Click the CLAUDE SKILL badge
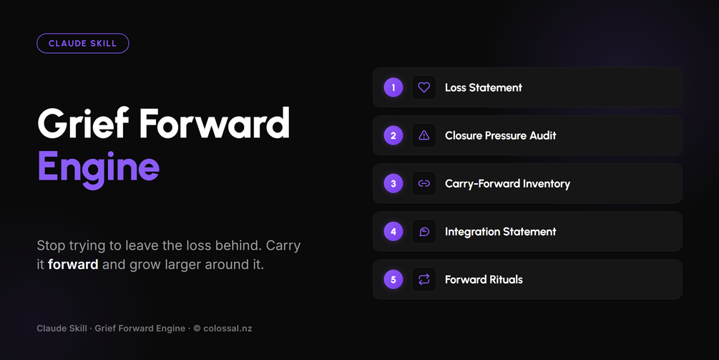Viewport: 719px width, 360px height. (82, 44)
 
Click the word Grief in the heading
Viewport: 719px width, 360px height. (83, 122)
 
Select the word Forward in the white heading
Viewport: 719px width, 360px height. (214, 122)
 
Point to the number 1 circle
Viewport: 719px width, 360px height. (393, 87)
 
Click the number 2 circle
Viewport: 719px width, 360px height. (393, 136)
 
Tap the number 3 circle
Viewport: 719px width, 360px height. (393, 183)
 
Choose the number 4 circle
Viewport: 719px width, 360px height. (393, 232)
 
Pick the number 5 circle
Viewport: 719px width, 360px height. (393, 279)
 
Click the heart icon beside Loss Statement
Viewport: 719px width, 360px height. (424, 87)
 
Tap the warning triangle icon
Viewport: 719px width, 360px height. (424, 135)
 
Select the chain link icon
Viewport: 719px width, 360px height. (424, 183)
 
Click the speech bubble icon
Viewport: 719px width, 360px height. (424, 232)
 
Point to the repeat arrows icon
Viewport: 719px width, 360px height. (424, 279)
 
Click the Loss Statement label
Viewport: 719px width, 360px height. (484, 87)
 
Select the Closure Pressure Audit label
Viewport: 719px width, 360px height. (500, 136)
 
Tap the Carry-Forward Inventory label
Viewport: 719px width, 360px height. (508, 184)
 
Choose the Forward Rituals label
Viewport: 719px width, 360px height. (484, 280)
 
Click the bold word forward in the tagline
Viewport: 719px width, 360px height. (73, 265)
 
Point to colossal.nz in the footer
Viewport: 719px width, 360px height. (228, 329)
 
